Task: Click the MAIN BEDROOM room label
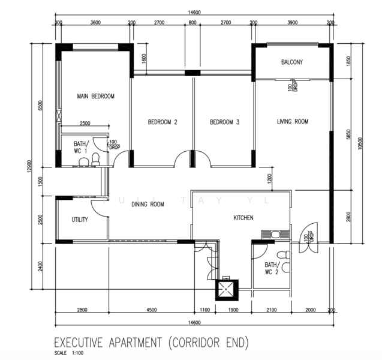[x=95, y=96]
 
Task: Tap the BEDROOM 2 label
[x=163, y=122]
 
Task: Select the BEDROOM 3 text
[x=224, y=122]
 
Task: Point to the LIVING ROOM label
[x=293, y=122]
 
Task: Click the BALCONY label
[x=292, y=62]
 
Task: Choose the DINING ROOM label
[x=148, y=205]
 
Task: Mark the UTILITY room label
[x=80, y=220]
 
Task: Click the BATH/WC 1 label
[x=81, y=148]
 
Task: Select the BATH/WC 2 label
[x=272, y=268]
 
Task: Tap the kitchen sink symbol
[x=274, y=235]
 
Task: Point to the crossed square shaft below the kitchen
[x=226, y=290]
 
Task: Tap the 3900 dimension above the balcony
[x=292, y=22]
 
